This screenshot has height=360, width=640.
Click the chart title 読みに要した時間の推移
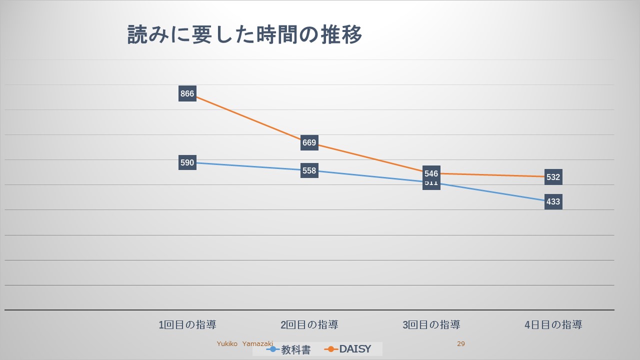pyautogui.click(x=244, y=35)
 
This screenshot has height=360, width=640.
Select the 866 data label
pyautogui.click(x=187, y=93)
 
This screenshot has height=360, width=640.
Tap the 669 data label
pyautogui.click(x=309, y=143)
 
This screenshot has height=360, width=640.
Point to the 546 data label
pyautogui.click(x=431, y=173)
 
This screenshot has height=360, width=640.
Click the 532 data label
pyautogui.click(x=553, y=177)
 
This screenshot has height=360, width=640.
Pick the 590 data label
pyautogui.click(x=187, y=162)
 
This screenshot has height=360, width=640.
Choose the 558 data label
pyautogui.click(x=309, y=170)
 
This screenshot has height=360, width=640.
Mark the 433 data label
pyautogui.click(x=553, y=202)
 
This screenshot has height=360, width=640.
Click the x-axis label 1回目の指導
pyautogui.click(x=187, y=325)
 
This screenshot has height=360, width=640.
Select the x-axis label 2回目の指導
pyautogui.click(x=309, y=325)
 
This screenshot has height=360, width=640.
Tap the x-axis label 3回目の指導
pyautogui.click(x=431, y=325)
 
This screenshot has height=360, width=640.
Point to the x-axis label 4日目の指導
pyautogui.click(x=553, y=325)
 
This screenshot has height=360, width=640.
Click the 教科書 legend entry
pyautogui.click(x=295, y=349)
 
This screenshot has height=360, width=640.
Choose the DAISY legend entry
pyautogui.click(x=355, y=349)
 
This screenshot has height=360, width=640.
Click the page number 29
pyautogui.click(x=461, y=344)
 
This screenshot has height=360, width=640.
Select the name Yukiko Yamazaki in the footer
pyautogui.click(x=244, y=344)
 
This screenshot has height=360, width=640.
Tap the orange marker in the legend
pyautogui.click(x=331, y=349)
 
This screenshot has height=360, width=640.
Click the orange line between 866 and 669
pyautogui.click(x=248, y=119)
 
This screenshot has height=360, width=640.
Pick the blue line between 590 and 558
pyautogui.click(x=248, y=166)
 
